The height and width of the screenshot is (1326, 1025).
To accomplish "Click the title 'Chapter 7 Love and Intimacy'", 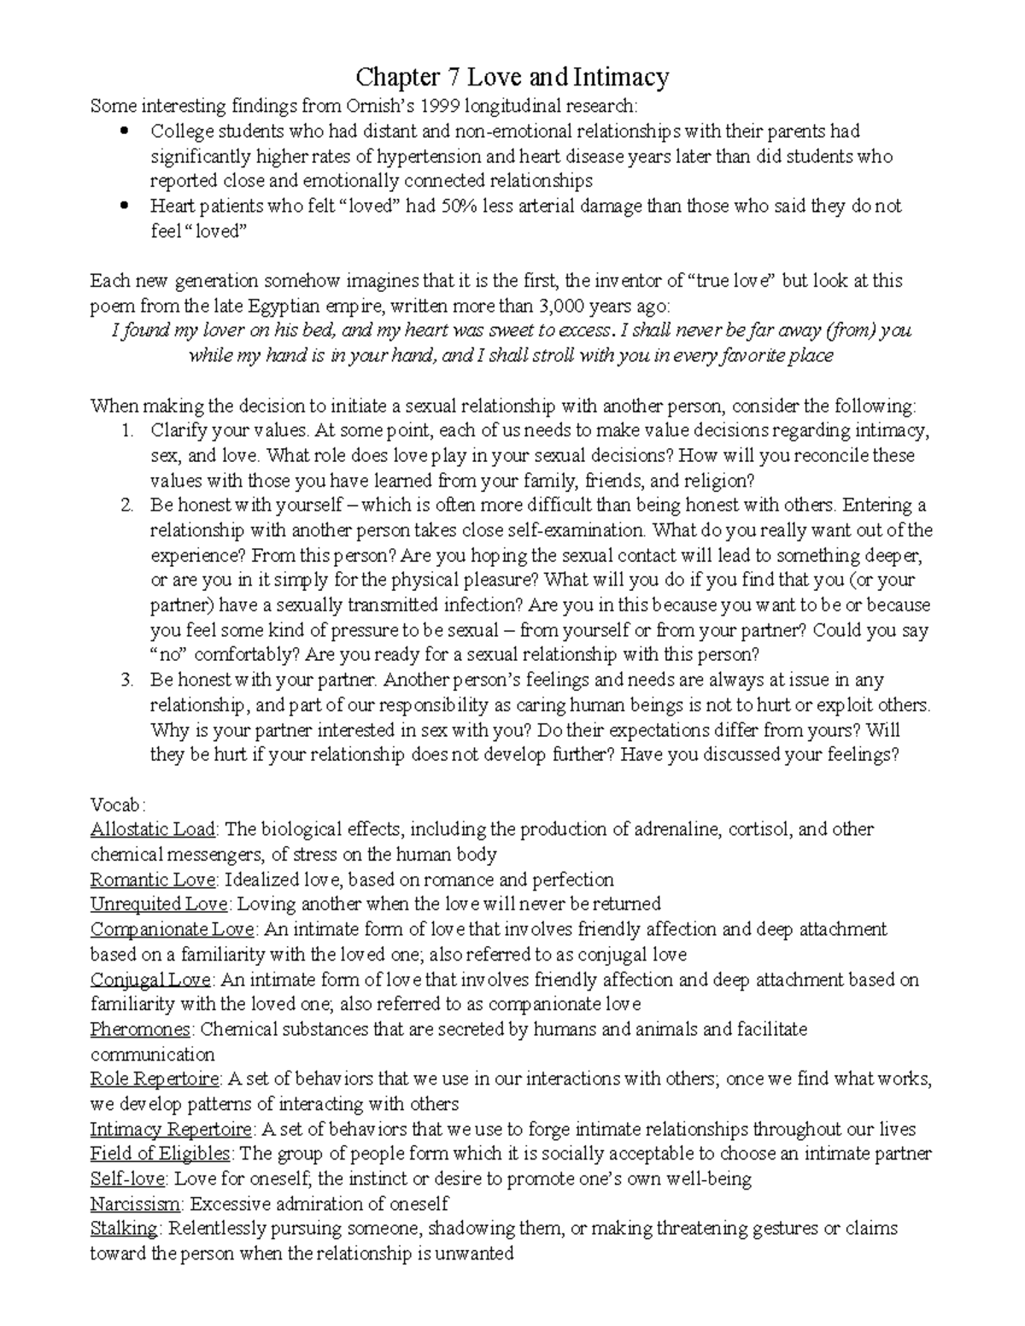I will click(512, 78).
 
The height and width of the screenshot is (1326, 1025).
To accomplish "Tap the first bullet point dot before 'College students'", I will click(125, 131).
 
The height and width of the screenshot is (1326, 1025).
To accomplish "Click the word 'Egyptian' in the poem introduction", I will click(266, 306).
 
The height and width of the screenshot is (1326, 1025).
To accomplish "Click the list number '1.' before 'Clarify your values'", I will click(127, 430).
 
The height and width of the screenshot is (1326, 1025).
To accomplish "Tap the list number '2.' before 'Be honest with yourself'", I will click(127, 505).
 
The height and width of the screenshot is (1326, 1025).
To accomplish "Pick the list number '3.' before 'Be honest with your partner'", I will click(127, 681).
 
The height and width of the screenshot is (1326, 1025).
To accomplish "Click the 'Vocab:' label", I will click(118, 805).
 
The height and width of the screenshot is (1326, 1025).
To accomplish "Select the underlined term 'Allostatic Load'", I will click(154, 830).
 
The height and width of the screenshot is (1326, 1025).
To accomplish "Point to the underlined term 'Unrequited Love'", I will click(159, 904).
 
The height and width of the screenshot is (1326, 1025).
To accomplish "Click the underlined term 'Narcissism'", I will click(136, 1205).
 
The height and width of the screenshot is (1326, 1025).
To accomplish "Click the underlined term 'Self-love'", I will click(128, 1180).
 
